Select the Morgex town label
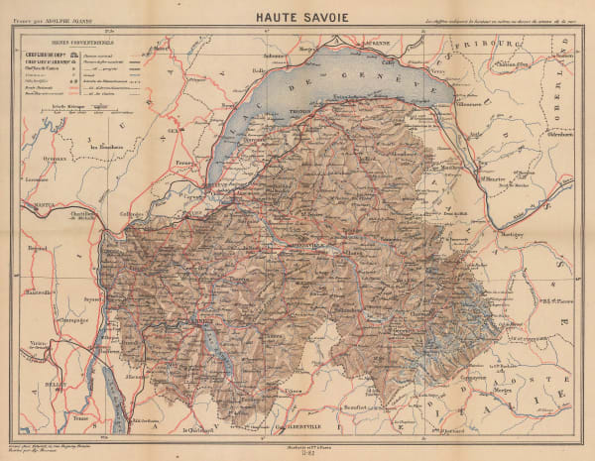(477, 390)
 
